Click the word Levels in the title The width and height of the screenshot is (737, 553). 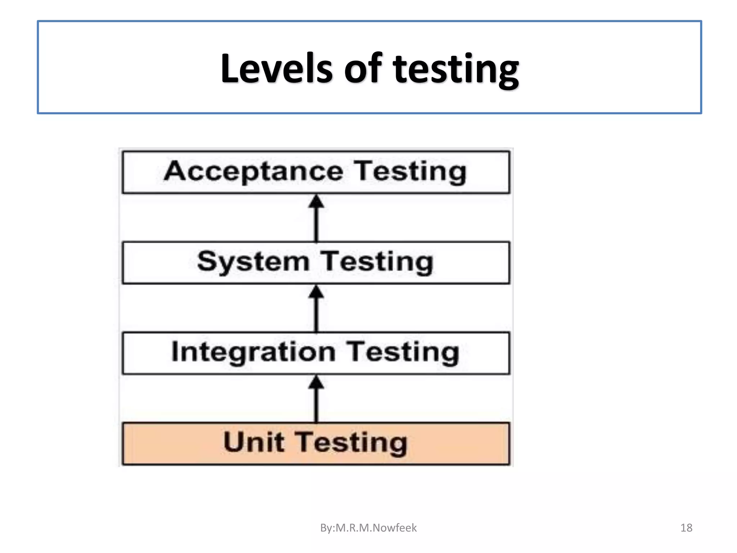point(276,68)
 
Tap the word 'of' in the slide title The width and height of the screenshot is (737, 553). point(362,68)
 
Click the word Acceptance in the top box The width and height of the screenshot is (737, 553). point(253,172)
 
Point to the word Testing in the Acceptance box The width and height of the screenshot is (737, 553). point(410,172)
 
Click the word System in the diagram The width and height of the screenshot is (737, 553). point(253,262)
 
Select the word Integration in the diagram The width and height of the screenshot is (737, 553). point(253,352)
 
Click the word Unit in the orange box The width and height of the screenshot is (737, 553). point(254,442)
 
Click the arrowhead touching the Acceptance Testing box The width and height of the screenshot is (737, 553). point(316,201)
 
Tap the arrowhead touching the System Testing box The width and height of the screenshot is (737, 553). point(316,292)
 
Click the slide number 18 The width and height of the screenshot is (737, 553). point(686,528)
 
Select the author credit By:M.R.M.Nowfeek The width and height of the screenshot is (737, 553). point(368,528)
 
